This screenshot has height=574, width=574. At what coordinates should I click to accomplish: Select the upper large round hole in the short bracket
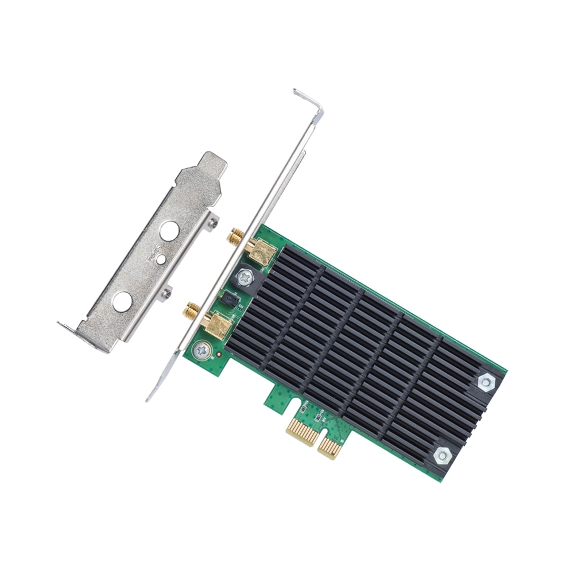(x=170, y=231)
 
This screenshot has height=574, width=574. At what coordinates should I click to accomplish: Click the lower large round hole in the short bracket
(x=122, y=301)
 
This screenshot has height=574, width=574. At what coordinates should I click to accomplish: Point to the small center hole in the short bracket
(x=161, y=260)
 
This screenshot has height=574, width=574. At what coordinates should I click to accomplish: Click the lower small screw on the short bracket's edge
(x=166, y=293)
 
